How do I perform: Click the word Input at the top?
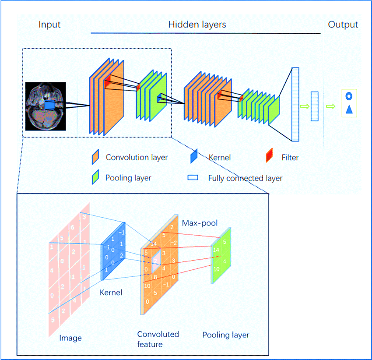pyautogui.click(x=49, y=25)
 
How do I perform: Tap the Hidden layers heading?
pyautogui.click(x=197, y=25)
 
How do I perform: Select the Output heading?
pyautogui.click(x=343, y=25)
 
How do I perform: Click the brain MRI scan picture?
pyautogui.click(x=46, y=106)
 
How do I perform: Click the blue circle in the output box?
pyautogui.click(x=349, y=96)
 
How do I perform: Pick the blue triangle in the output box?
pyautogui.click(x=349, y=109)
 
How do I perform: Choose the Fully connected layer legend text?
pyautogui.click(x=245, y=178)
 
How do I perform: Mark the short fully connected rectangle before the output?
pyautogui.click(x=314, y=106)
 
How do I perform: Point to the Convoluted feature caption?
pyautogui.click(x=158, y=339)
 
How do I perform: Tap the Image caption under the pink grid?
pyautogui.click(x=70, y=338)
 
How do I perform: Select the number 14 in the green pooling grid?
pyautogui.click(x=216, y=250)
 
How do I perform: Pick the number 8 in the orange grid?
pyautogui.click(x=155, y=277)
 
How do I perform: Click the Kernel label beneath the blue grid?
pyautogui.click(x=112, y=292)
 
